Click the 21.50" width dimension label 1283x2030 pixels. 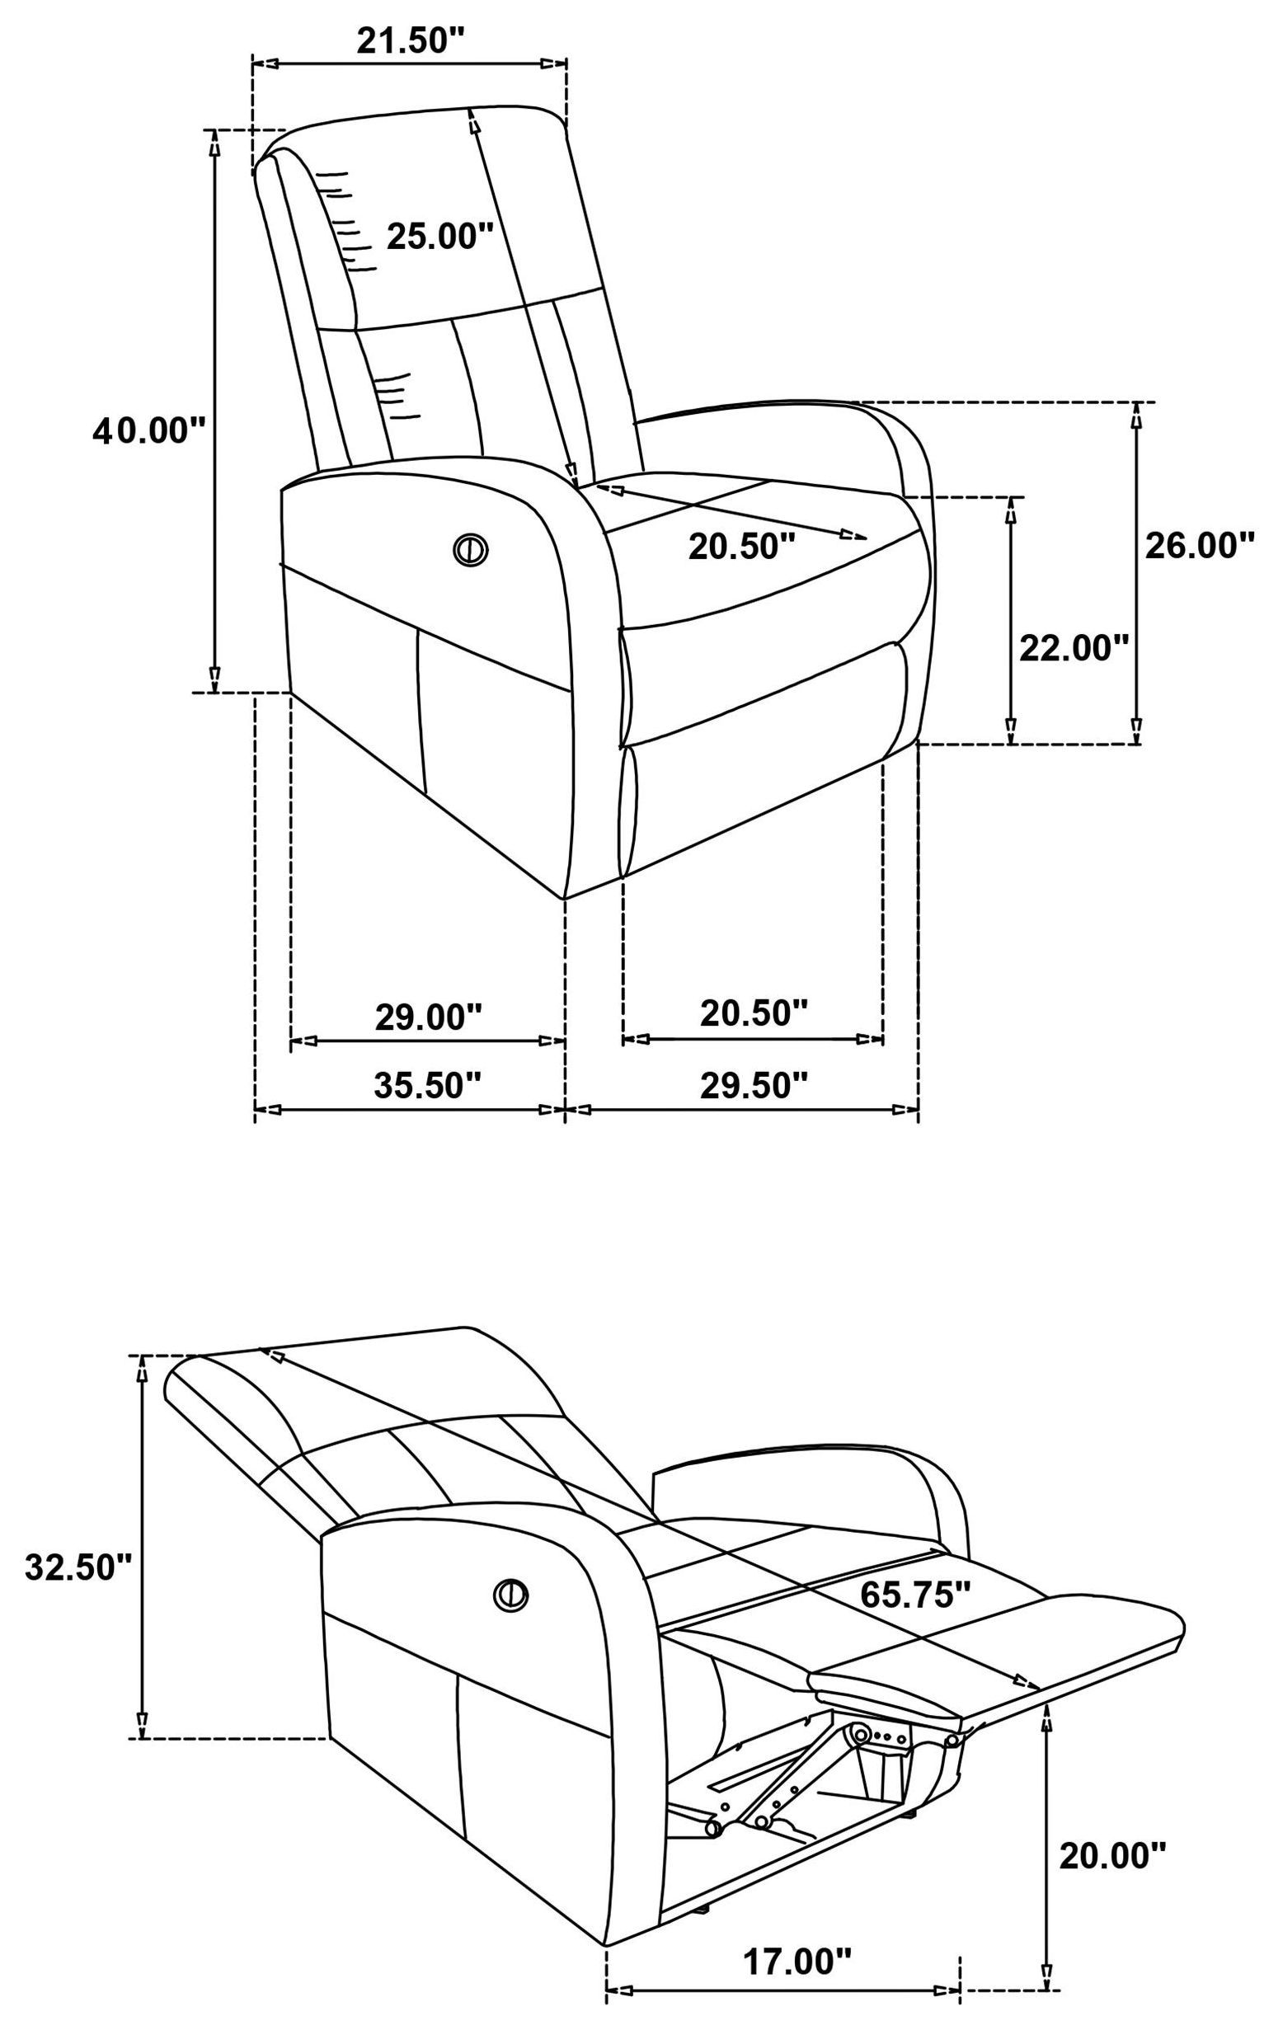411,41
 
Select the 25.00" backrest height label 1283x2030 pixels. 439,237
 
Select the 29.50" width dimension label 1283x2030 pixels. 754,1085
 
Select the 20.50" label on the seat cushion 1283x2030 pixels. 742,547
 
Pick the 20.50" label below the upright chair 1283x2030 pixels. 754,1012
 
